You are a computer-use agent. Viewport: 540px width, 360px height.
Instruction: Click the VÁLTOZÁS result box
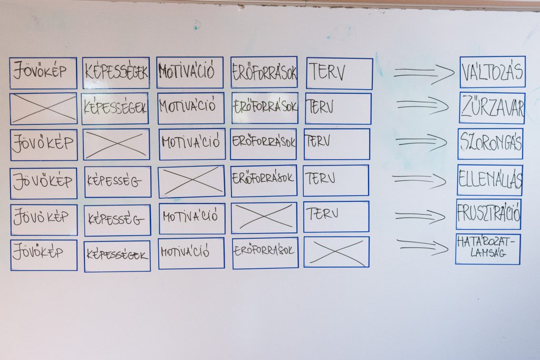coord(493,72)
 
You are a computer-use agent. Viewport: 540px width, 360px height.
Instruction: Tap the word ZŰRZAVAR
coord(492,108)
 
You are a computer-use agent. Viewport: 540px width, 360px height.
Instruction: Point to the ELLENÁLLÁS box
coord(490,180)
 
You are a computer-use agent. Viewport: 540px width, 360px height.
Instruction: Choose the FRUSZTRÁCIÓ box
coord(488,214)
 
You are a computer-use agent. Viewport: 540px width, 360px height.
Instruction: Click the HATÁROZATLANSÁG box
coord(488,249)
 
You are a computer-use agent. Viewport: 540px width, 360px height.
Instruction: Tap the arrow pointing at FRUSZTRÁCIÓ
coord(420,215)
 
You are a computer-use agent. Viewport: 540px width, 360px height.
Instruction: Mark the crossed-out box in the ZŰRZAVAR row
coord(43,109)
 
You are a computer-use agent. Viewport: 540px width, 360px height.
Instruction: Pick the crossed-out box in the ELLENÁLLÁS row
coord(191,181)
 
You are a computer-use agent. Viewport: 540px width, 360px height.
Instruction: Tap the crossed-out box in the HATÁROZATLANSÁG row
coord(336,251)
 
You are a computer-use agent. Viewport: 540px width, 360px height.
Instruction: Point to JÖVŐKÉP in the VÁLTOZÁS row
coord(43,73)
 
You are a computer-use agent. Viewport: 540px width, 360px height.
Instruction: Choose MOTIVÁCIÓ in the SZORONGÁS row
coord(192,143)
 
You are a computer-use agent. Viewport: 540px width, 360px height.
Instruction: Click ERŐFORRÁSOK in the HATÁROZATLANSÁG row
coord(265,252)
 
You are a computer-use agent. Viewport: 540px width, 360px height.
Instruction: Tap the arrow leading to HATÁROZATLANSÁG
coord(423,246)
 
